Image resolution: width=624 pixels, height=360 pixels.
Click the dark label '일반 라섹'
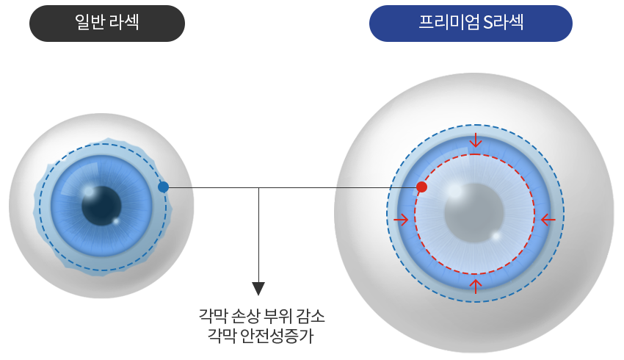(107, 24)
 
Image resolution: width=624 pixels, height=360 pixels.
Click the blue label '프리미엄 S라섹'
(471, 24)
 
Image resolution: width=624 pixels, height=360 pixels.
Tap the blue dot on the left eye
(163, 187)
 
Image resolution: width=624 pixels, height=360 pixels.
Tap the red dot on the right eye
(421, 187)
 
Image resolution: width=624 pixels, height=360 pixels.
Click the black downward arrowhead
(258, 288)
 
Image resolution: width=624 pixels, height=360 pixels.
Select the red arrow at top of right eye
(476, 140)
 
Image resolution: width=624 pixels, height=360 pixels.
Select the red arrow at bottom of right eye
(476, 285)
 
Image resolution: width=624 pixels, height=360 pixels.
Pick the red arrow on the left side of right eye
(401, 220)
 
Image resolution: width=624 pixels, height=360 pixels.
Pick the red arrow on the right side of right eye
(547, 220)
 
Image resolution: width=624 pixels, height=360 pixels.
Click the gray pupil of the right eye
(476, 212)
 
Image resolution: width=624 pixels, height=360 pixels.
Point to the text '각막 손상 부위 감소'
(261, 317)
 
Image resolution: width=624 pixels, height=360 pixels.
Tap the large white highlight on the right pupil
(455, 190)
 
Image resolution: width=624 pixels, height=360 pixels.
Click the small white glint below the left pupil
(115, 220)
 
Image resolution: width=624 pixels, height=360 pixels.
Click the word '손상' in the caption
(244, 317)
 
